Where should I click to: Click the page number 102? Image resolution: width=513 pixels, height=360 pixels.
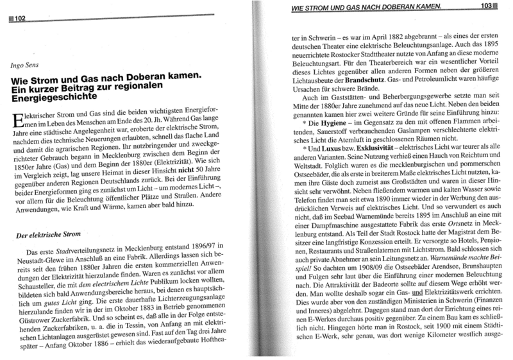click(18, 19)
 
